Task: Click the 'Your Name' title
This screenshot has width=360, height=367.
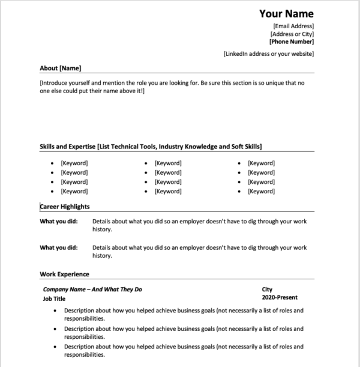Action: point(286,14)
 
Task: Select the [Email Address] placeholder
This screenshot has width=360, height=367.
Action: point(293,26)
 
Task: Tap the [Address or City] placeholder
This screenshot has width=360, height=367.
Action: point(292,34)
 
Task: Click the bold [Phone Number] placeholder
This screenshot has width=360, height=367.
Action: point(291,42)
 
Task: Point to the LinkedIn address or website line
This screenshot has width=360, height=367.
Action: point(268,54)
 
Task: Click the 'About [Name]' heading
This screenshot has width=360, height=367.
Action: point(60,68)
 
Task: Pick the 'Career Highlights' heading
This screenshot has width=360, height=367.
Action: point(65,207)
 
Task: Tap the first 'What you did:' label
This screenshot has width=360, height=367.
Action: point(58,221)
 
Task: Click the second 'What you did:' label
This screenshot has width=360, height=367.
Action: point(58,247)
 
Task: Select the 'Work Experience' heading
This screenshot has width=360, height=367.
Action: point(64,274)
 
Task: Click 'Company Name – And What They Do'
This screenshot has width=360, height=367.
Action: point(92,289)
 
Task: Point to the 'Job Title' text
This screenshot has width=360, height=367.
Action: point(54,297)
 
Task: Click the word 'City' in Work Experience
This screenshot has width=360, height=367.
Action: point(267,289)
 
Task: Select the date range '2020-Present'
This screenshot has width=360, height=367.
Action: point(279,297)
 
